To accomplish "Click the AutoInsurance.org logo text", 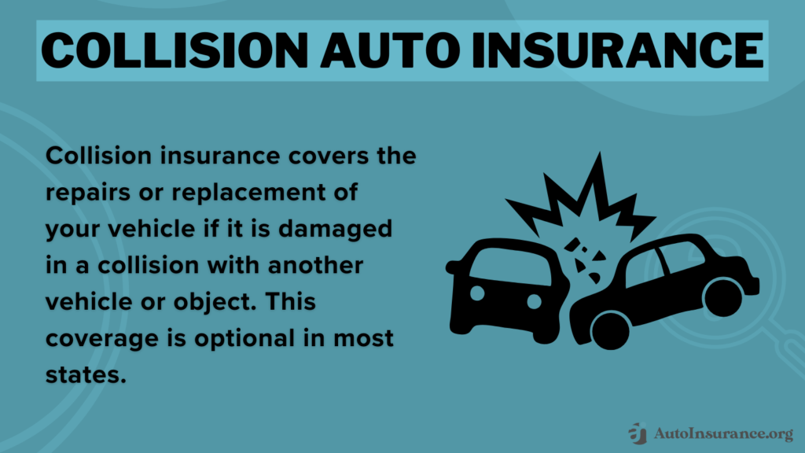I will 722,432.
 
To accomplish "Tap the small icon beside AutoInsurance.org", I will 638,433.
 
